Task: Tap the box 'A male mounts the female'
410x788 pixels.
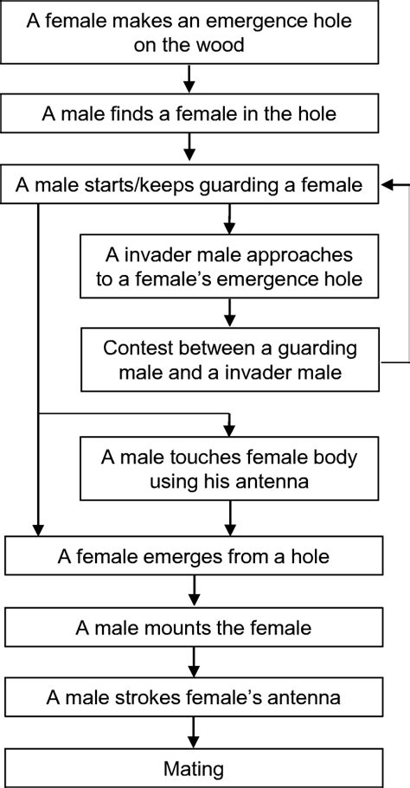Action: click(191, 625)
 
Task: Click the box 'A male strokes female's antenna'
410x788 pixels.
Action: click(191, 696)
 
